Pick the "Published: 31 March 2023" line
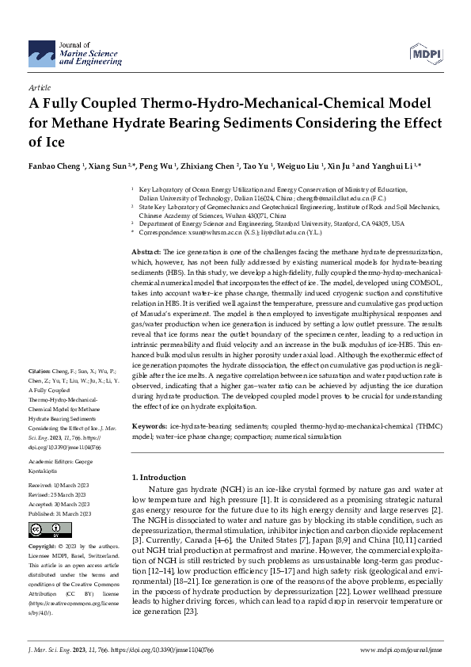(59, 514)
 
